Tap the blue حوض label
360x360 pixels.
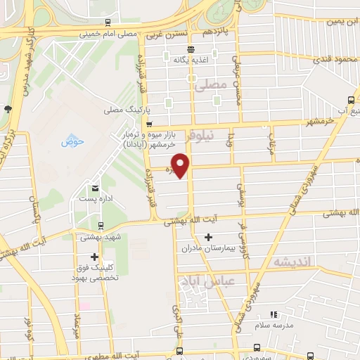(x=72, y=141)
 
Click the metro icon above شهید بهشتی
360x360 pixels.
(x=103, y=226)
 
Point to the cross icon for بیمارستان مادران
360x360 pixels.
(x=207, y=236)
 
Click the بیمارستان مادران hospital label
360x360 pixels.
(x=207, y=248)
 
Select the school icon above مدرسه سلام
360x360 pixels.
(x=274, y=314)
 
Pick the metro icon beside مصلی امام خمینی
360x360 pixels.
(x=108, y=23)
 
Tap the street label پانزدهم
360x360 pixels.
(x=216, y=32)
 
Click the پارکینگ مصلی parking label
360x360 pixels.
(x=122, y=110)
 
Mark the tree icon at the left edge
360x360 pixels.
(x=7, y=109)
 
